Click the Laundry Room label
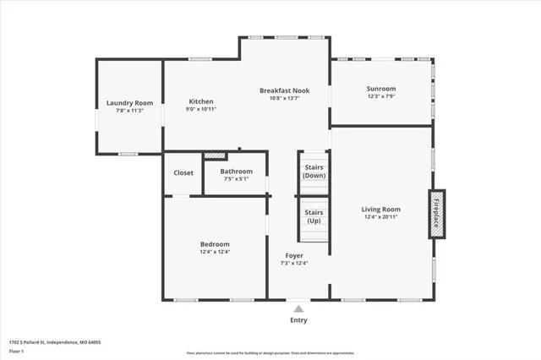point(129,103)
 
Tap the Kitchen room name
point(200,101)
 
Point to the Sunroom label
point(380,89)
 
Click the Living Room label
point(380,209)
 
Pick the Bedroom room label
point(215,244)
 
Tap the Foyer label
point(294,255)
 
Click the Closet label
point(183,172)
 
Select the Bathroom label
point(236,171)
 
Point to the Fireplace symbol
point(436,214)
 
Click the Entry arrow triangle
point(298,309)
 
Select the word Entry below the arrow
point(298,320)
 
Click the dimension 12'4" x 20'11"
point(380,217)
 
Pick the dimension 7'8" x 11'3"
point(129,111)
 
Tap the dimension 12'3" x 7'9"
point(380,96)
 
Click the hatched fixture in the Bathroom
point(216,155)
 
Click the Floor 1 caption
point(16,352)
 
